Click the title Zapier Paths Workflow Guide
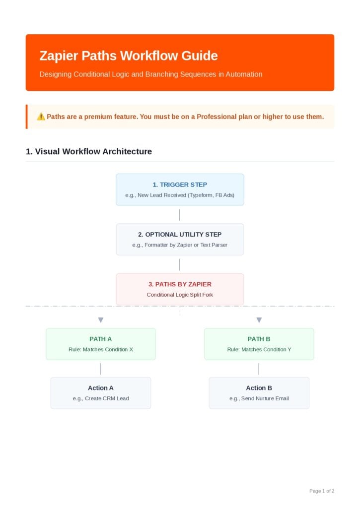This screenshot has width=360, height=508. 129,56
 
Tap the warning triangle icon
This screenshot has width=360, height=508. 41,117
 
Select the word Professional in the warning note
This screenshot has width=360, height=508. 216,117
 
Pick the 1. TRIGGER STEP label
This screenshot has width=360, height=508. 180,185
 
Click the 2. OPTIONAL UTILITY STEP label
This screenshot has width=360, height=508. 180,235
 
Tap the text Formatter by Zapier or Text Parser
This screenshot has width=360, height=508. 186,245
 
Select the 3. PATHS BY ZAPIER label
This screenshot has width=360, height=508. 180,284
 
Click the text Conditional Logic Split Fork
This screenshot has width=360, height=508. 180,295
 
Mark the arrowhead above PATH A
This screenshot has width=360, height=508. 100,320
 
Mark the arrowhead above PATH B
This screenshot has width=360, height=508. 259,320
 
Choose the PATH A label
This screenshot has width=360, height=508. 100,339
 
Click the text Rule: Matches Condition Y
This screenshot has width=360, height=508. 259,350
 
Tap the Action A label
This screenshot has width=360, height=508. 100,388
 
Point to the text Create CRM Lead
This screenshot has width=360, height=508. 107,398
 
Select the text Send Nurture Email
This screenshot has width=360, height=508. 265,398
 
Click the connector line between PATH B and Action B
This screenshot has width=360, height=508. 259,369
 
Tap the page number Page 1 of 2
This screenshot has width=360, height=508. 322,491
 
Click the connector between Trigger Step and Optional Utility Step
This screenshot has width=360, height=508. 179,215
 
